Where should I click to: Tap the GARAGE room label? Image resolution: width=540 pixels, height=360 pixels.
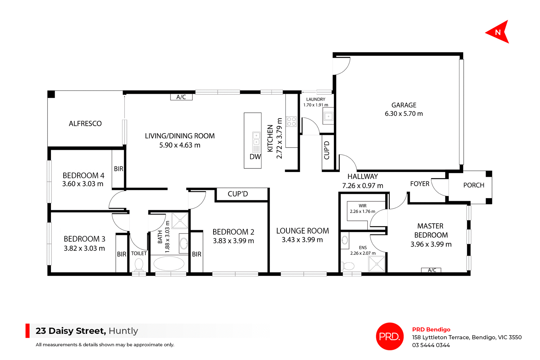[404, 105]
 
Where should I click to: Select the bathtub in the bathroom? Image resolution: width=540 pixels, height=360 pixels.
[169, 264]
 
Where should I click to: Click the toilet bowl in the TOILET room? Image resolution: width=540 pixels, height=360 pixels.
[139, 264]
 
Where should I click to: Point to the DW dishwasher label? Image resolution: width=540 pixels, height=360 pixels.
[255, 157]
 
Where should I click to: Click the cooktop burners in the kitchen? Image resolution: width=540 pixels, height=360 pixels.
[291, 122]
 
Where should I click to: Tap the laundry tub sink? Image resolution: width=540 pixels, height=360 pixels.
[328, 116]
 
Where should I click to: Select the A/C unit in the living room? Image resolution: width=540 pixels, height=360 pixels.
[181, 97]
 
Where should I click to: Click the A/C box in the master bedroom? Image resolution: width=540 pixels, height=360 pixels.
[431, 270]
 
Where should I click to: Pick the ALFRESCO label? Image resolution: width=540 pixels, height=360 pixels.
[85, 124]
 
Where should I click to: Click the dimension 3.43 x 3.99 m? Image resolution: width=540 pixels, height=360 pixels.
[302, 240]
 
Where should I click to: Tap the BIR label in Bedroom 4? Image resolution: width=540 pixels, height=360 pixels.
[118, 169]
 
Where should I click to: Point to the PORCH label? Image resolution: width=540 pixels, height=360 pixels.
[474, 185]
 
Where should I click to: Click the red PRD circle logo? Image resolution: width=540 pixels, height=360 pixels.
[390, 336]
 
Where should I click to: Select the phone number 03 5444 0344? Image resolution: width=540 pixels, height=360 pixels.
[431, 345]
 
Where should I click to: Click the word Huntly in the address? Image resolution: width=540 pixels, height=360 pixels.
[123, 331]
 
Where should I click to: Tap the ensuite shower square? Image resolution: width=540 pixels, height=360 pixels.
[377, 264]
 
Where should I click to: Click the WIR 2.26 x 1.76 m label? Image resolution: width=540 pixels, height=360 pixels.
[362, 209]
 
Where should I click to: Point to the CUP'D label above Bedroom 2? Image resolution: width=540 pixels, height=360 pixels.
[238, 194]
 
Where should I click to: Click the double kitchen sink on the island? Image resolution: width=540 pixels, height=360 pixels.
[256, 139]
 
